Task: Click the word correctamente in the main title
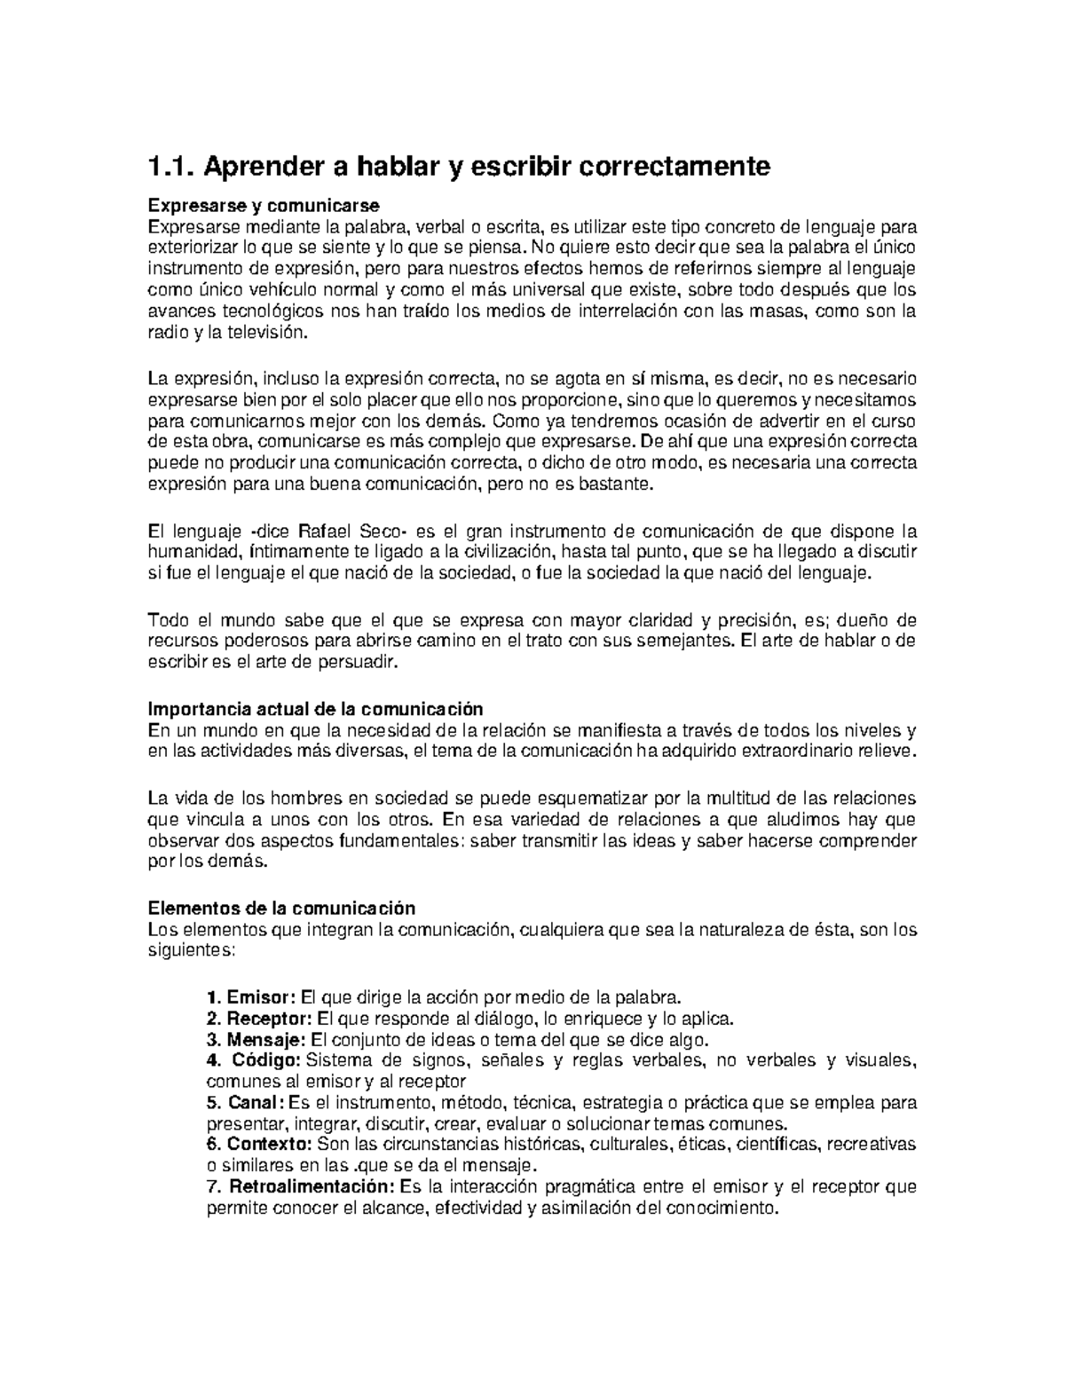pyautogui.click(x=674, y=166)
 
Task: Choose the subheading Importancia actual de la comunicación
pyautogui.click(x=315, y=709)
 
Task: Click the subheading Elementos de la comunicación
pyautogui.click(x=281, y=909)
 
